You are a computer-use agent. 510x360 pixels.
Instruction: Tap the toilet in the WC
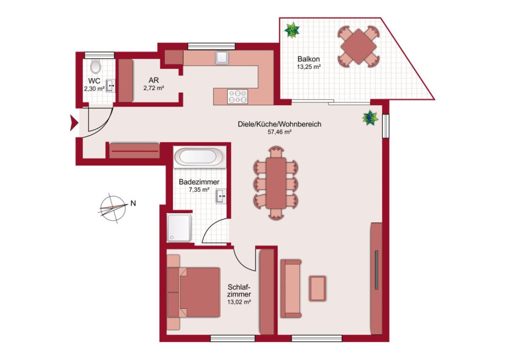tap(95, 66)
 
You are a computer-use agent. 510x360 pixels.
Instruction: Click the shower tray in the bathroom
tap(179, 228)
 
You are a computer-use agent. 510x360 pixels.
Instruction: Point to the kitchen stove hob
tap(238, 97)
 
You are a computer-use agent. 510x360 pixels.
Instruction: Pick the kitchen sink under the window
tap(222, 58)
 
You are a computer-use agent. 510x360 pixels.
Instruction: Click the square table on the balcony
tap(358, 46)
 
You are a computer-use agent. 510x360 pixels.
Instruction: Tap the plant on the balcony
tap(291, 30)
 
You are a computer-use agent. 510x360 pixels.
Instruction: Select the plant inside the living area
tap(370, 118)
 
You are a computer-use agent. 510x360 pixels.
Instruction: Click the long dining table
tap(276, 183)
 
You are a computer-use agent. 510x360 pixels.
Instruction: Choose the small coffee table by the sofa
tap(317, 288)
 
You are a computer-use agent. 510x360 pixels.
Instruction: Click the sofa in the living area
tap(291, 288)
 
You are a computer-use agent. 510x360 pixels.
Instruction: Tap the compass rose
tap(113, 208)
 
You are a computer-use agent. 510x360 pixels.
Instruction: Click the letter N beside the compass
tap(133, 203)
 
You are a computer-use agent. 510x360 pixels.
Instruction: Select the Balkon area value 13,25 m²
tap(309, 67)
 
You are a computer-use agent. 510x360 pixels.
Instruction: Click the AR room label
tap(154, 80)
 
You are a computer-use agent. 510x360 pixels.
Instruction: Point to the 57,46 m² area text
tap(279, 132)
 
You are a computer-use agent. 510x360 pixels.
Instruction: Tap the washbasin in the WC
tap(111, 86)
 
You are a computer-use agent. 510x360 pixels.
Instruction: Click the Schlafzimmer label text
tap(239, 291)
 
